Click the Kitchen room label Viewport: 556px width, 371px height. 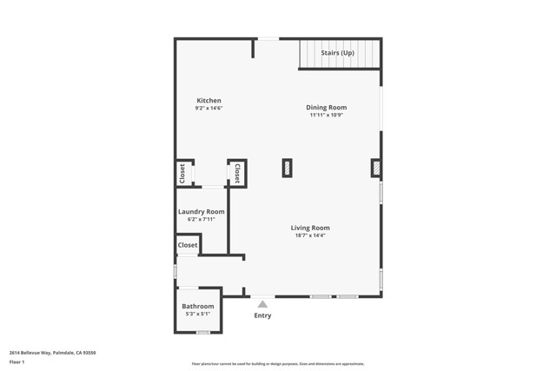coord(208,101)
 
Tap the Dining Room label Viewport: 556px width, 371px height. coord(326,108)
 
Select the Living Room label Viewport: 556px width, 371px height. coord(310,228)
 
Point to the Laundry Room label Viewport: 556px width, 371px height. coord(201,212)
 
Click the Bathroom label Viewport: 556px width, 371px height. coord(197,307)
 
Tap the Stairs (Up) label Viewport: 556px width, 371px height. coord(338,53)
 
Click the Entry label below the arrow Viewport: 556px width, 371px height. coord(262,315)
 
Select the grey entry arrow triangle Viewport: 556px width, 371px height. coord(262,303)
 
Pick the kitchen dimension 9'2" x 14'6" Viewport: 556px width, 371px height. coord(208,109)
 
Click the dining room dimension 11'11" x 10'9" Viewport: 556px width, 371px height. coord(326,116)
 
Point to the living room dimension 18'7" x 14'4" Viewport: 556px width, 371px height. coord(310,235)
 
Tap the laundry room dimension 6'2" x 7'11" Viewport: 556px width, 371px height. coord(201,220)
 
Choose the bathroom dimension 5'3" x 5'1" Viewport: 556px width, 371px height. coord(197,315)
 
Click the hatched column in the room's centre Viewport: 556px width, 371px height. coord(287,168)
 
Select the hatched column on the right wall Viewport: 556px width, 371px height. coord(376,168)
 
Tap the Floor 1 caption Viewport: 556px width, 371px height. coord(17,361)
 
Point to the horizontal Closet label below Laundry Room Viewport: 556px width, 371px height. coord(188,245)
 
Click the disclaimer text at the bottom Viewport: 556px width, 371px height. coord(278,364)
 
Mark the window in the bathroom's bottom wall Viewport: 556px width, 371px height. coord(202,333)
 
